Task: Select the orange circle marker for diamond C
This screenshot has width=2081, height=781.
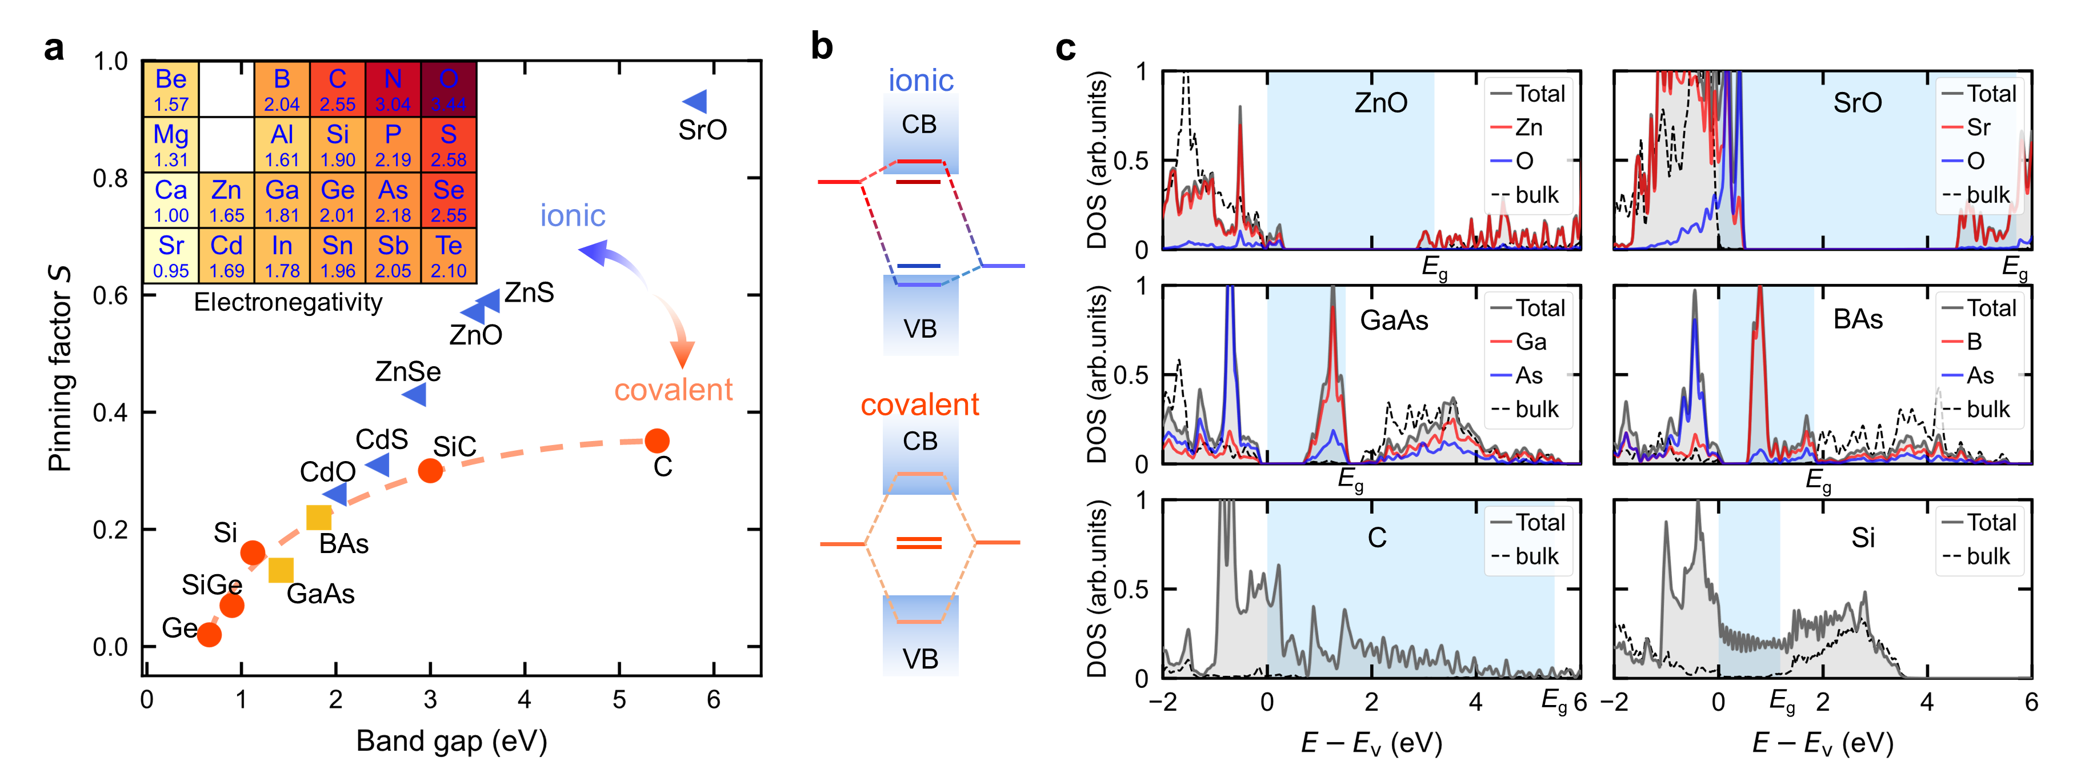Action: click(x=657, y=441)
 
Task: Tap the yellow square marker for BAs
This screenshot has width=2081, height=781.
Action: click(x=319, y=518)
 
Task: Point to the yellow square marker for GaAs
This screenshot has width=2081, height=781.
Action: click(x=281, y=570)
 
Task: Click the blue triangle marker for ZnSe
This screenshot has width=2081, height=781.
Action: click(x=415, y=395)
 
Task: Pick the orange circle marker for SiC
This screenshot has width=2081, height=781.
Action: click(x=431, y=471)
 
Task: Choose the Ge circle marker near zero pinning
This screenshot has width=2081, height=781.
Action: click(x=209, y=635)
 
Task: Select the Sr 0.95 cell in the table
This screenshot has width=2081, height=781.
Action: click(x=171, y=255)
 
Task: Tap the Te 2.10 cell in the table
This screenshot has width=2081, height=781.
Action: click(x=449, y=255)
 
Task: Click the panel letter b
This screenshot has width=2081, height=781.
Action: click(x=822, y=47)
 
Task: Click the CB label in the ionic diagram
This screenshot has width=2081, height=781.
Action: click(x=919, y=125)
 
